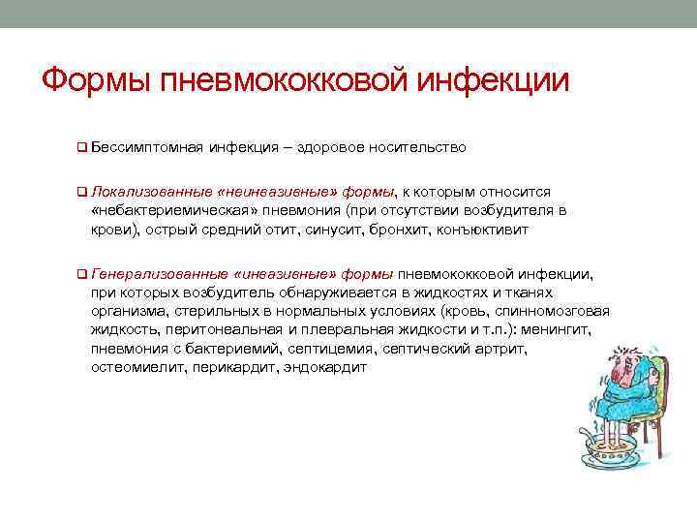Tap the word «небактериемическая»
click(x=160, y=210)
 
